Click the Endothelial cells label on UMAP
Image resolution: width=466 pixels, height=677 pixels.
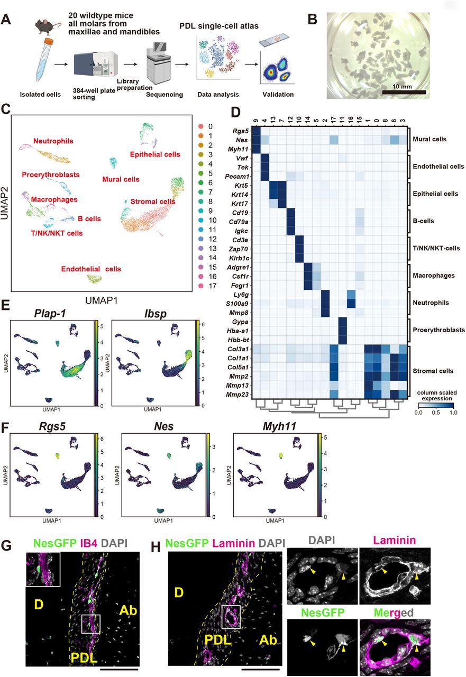click(x=90, y=269)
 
